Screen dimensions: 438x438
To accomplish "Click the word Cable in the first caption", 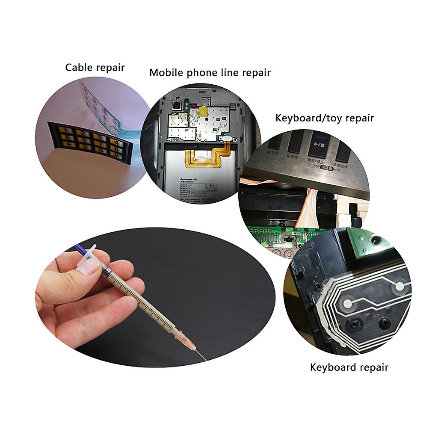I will point(77,68).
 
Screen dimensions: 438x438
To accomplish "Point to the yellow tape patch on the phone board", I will point(202,112).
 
